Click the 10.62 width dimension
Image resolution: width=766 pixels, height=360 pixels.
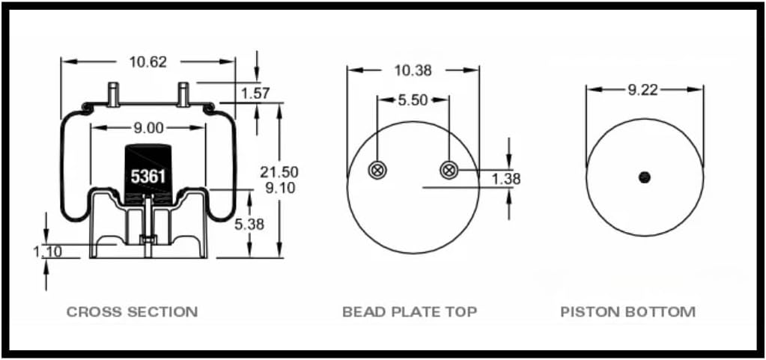point(148,62)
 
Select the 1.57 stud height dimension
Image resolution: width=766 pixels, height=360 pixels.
point(255,93)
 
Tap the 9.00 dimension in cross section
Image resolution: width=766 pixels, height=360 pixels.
point(148,128)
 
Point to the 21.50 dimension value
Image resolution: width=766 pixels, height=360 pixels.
point(279,172)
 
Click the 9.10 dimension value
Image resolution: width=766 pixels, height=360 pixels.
point(279,188)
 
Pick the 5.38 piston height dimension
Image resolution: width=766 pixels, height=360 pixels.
point(249,224)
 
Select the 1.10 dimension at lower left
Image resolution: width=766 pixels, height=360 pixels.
point(47,251)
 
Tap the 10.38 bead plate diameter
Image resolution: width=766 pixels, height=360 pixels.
point(413,70)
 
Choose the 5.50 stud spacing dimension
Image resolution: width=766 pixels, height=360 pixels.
point(413,99)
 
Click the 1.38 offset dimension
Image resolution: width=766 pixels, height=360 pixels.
point(506,179)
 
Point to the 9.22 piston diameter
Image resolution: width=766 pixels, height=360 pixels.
point(644,90)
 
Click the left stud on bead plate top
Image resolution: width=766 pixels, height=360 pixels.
point(377,171)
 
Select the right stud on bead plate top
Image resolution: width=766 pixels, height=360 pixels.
point(449,171)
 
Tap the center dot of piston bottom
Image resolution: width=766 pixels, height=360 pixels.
point(644,177)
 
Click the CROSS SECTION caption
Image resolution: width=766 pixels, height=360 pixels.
point(132,311)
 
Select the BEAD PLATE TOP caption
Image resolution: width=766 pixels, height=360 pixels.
point(410,311)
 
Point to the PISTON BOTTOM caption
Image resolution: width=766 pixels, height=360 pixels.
point(627,311)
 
